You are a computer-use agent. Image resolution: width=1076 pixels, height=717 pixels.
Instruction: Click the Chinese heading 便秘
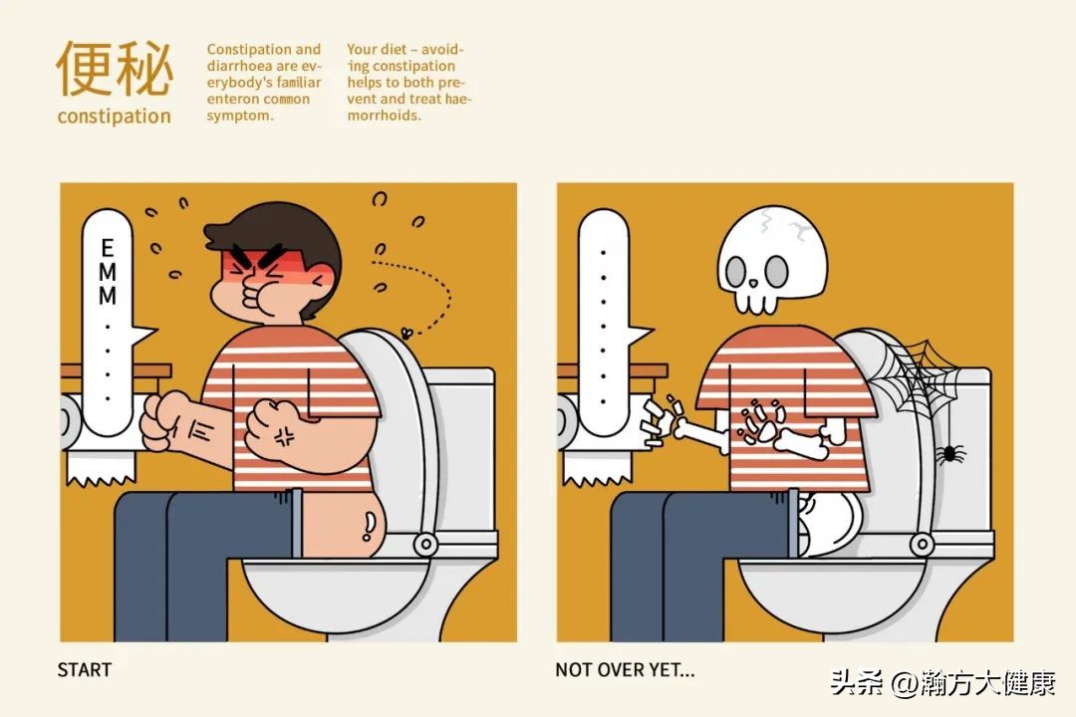(115, 68)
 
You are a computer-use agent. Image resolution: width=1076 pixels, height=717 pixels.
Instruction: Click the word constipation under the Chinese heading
(114, 116)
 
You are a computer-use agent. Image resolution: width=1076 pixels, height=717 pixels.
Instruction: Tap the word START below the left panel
(85, 669)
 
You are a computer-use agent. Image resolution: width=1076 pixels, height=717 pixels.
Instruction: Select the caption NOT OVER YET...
(625, 669)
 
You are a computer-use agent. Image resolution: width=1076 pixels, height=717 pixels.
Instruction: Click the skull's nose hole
(753, 283)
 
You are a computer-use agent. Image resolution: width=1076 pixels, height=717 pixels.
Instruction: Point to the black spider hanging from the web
(949, 453)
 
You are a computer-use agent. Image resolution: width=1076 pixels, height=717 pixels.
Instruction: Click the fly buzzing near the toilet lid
(406, 333)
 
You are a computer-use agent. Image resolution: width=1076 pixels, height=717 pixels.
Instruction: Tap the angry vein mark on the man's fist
(285, 435)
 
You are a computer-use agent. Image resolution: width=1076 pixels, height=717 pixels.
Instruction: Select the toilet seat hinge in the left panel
(425, 544)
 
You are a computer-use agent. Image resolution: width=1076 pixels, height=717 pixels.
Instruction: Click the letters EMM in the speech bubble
(108, 272)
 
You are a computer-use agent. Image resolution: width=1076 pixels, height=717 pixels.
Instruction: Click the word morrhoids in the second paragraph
(384, 116)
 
